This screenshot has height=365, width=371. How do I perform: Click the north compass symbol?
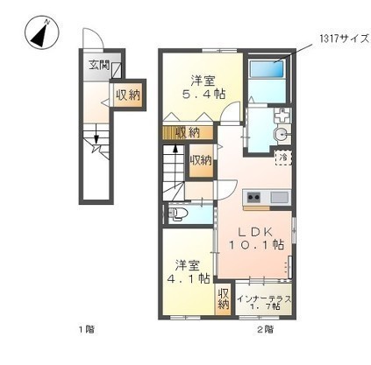tap(42, 32)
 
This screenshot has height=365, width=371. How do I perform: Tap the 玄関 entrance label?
tap(99, 65)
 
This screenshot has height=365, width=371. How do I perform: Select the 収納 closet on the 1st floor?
tap(128, 95)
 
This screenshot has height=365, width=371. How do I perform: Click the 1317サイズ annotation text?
tap(344, 39)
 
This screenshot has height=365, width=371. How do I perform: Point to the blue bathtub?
tap(267, 68)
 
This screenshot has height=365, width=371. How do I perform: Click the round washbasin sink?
tap(281, 135)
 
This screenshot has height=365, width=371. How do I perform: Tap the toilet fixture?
tap(179, 214)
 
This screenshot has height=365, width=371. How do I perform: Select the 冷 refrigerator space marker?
tap(283, 158)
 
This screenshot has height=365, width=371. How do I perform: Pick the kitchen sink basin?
tap(280, 198)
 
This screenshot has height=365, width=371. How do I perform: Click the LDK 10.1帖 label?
tap(256, 238)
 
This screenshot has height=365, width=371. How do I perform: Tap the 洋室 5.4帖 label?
tap(203, 88)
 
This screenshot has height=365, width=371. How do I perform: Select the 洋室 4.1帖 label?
tap(188, 272)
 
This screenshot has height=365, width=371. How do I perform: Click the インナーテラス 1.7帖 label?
tap(264, 302)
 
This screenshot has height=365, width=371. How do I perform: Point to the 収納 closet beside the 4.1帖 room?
tap(224, 298)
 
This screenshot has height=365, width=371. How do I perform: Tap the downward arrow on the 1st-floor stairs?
tap(96, 138)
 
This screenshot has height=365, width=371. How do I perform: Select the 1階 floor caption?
tap(87, 330)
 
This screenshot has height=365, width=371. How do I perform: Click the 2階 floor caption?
tap(266, 330)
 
